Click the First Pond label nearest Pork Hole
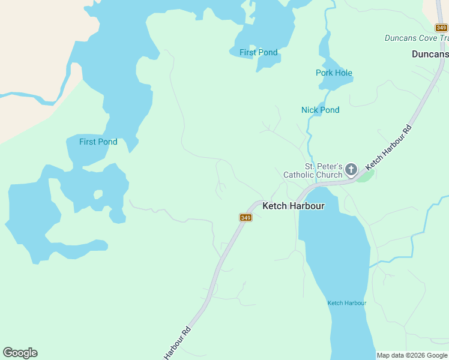click(258, 53)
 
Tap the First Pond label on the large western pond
click(98, 142)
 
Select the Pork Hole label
click(334, 73)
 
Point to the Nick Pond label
click(320, 110)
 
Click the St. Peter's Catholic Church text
click(323, 170)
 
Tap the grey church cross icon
click(351, 171)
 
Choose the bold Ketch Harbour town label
click(294, 206)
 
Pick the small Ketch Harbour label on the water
click(346, 303)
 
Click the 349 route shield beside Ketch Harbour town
click(246, 217)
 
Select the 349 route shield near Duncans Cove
click(441, 28)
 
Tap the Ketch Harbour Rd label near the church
click(390, 146)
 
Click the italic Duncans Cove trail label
click(417, 38)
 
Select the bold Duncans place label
click(430, 54)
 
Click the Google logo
click(20, 353)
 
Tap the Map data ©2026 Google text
click(412, 356)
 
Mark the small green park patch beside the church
click(367, 176)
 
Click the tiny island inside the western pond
click(98, 194)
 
